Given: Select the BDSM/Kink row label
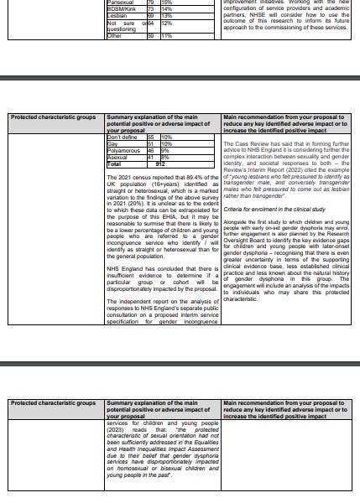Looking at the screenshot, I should click(x=123, y=9).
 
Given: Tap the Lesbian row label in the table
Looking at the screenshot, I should click(x=118, y=15).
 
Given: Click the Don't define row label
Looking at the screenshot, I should click(x=123, y=137).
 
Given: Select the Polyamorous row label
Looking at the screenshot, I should click(x=124, y=150).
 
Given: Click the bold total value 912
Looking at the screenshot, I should click(x=160, y=164).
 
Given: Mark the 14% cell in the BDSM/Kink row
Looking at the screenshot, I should click(x=166, y=9).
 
